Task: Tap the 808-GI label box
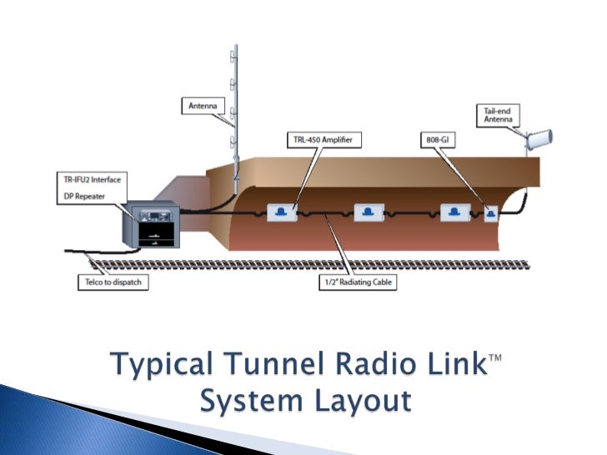pyautogui.click(x=434, y=140)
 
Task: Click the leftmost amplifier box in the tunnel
pyautogui.click(x=282, y=212)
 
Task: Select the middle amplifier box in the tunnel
pyautogui.click(x=368, y=212)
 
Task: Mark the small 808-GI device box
pyautogui.click(x=490, y=213)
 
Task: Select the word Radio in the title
pyautogui.click(x=374, y=363)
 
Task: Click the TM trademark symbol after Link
pyautogui.click(x=496, y=357)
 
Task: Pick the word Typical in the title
pyautogui.click(x=156, y=365)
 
